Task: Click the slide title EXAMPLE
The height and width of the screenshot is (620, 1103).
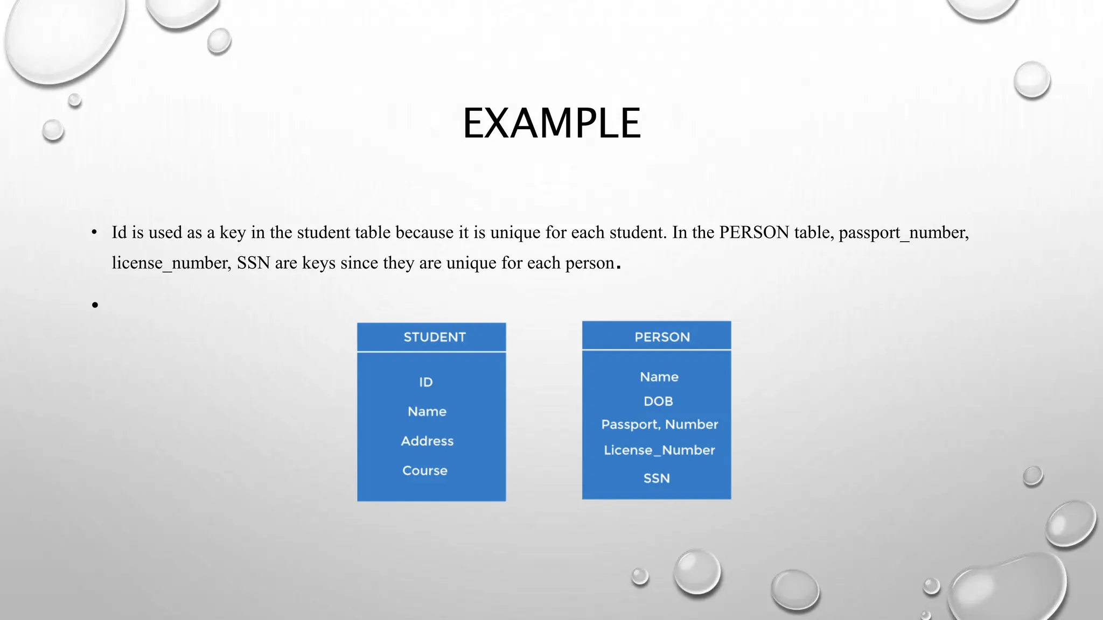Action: click(x=551, y=123)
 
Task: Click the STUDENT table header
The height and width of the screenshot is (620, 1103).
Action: click(x=434, y=337)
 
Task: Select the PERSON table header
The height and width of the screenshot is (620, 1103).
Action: click(x=662, y=337)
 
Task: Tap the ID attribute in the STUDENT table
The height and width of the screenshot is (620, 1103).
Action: click(x=425, y=382)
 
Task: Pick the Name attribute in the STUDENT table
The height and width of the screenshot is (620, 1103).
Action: click(x=427, y=412)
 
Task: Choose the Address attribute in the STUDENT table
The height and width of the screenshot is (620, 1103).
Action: click(x=427, y=441)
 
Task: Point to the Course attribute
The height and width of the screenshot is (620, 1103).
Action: click(x=424, y=471)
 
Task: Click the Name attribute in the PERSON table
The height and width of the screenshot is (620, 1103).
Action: click(x=659, y=377)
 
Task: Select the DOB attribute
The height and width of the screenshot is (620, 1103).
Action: click(x=658, y=401)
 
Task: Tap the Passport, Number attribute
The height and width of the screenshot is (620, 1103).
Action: click(x=659, y=425)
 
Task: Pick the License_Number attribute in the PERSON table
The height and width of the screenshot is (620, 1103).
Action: click(x=659, y=450)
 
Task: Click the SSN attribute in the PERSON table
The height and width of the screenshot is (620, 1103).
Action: click(x=657, y=478)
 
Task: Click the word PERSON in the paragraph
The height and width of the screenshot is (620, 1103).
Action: click(x=754, y=232)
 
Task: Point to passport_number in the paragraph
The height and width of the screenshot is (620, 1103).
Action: click(x=903, y=232)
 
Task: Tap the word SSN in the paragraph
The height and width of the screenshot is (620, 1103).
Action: click(x=253, y=263)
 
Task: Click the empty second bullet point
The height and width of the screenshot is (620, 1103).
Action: click(x=95, y=305)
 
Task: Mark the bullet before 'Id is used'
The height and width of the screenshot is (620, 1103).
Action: click(x=94, y=232)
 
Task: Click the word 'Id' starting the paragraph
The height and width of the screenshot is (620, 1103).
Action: click(x=119, y=232)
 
